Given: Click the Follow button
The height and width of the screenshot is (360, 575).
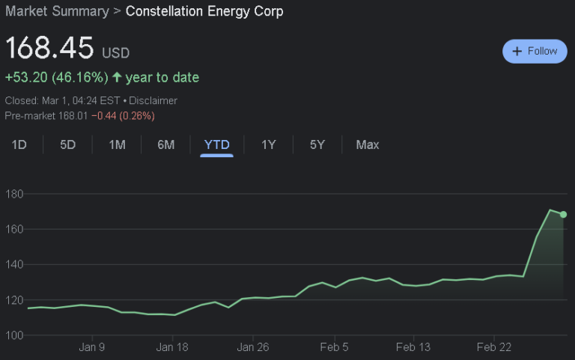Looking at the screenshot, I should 535,51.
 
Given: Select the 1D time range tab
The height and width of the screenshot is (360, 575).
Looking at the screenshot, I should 19,144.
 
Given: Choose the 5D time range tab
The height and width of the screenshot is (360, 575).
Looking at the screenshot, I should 68,144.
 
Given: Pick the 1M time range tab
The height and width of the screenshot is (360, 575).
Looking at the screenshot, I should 117,144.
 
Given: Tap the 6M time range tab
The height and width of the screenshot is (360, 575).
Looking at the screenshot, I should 166,144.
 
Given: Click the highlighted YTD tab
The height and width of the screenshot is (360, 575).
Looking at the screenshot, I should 217,144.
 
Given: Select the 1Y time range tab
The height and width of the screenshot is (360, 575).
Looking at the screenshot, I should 269,144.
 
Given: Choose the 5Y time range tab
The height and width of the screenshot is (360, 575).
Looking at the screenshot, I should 317,144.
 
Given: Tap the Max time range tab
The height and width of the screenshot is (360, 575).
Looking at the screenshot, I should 368,144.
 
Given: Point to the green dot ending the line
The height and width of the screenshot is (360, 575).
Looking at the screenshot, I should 563,215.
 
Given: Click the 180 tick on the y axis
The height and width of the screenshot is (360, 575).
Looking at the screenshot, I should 15,194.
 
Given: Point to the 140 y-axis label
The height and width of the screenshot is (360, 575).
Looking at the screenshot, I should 15,264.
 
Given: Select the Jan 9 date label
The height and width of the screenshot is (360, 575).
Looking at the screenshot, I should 92,347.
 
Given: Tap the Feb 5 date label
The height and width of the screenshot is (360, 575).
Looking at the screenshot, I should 333,347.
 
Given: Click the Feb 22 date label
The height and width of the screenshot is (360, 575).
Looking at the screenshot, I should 494,347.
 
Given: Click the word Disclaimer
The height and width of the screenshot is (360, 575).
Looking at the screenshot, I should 153,100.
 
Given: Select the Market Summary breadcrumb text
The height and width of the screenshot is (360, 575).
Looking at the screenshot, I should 57,11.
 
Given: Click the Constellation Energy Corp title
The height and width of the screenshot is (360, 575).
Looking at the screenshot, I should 204,11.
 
